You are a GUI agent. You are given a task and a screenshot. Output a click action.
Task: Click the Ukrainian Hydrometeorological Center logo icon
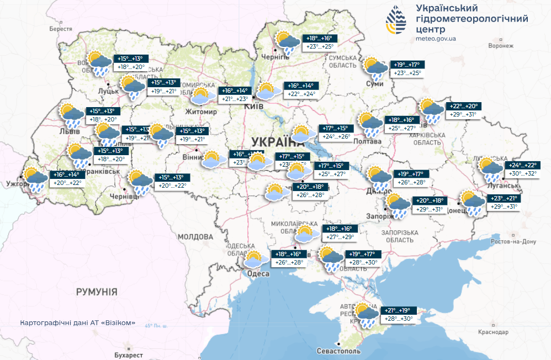(x=398, y=21)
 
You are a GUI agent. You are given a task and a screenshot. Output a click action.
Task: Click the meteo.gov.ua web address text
(x=436, y=39)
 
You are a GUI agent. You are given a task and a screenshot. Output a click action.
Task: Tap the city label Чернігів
(x=272, y=57)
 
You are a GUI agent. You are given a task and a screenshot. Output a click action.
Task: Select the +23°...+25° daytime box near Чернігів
(x=320, y=47)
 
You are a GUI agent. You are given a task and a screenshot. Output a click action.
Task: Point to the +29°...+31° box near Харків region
(x=463, y=115)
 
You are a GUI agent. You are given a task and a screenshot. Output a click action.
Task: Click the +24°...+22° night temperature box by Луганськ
(x=522, y=165)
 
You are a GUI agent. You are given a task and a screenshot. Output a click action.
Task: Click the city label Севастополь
(x=339, y=351)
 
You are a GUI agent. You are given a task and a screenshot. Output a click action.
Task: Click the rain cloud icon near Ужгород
(x=35, y=178)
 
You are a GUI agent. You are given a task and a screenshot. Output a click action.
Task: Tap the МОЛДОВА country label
(x=195, y=236)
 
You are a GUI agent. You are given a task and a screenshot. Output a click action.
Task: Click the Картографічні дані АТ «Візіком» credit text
(x=77, y=322)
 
